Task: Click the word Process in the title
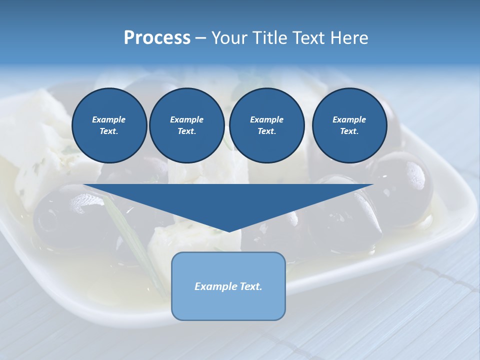[x=157, y=38]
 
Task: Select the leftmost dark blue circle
[x=109, y=125]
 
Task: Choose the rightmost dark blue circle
[x=349, y=125]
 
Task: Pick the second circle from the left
[x=186, y=125]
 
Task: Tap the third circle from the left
[x=266, y=125]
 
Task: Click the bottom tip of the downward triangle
[x=228, y=231]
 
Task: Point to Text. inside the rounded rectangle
[x=251, y=286]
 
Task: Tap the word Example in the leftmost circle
[x=109, y=119]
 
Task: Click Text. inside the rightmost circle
[x=349, y=131]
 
